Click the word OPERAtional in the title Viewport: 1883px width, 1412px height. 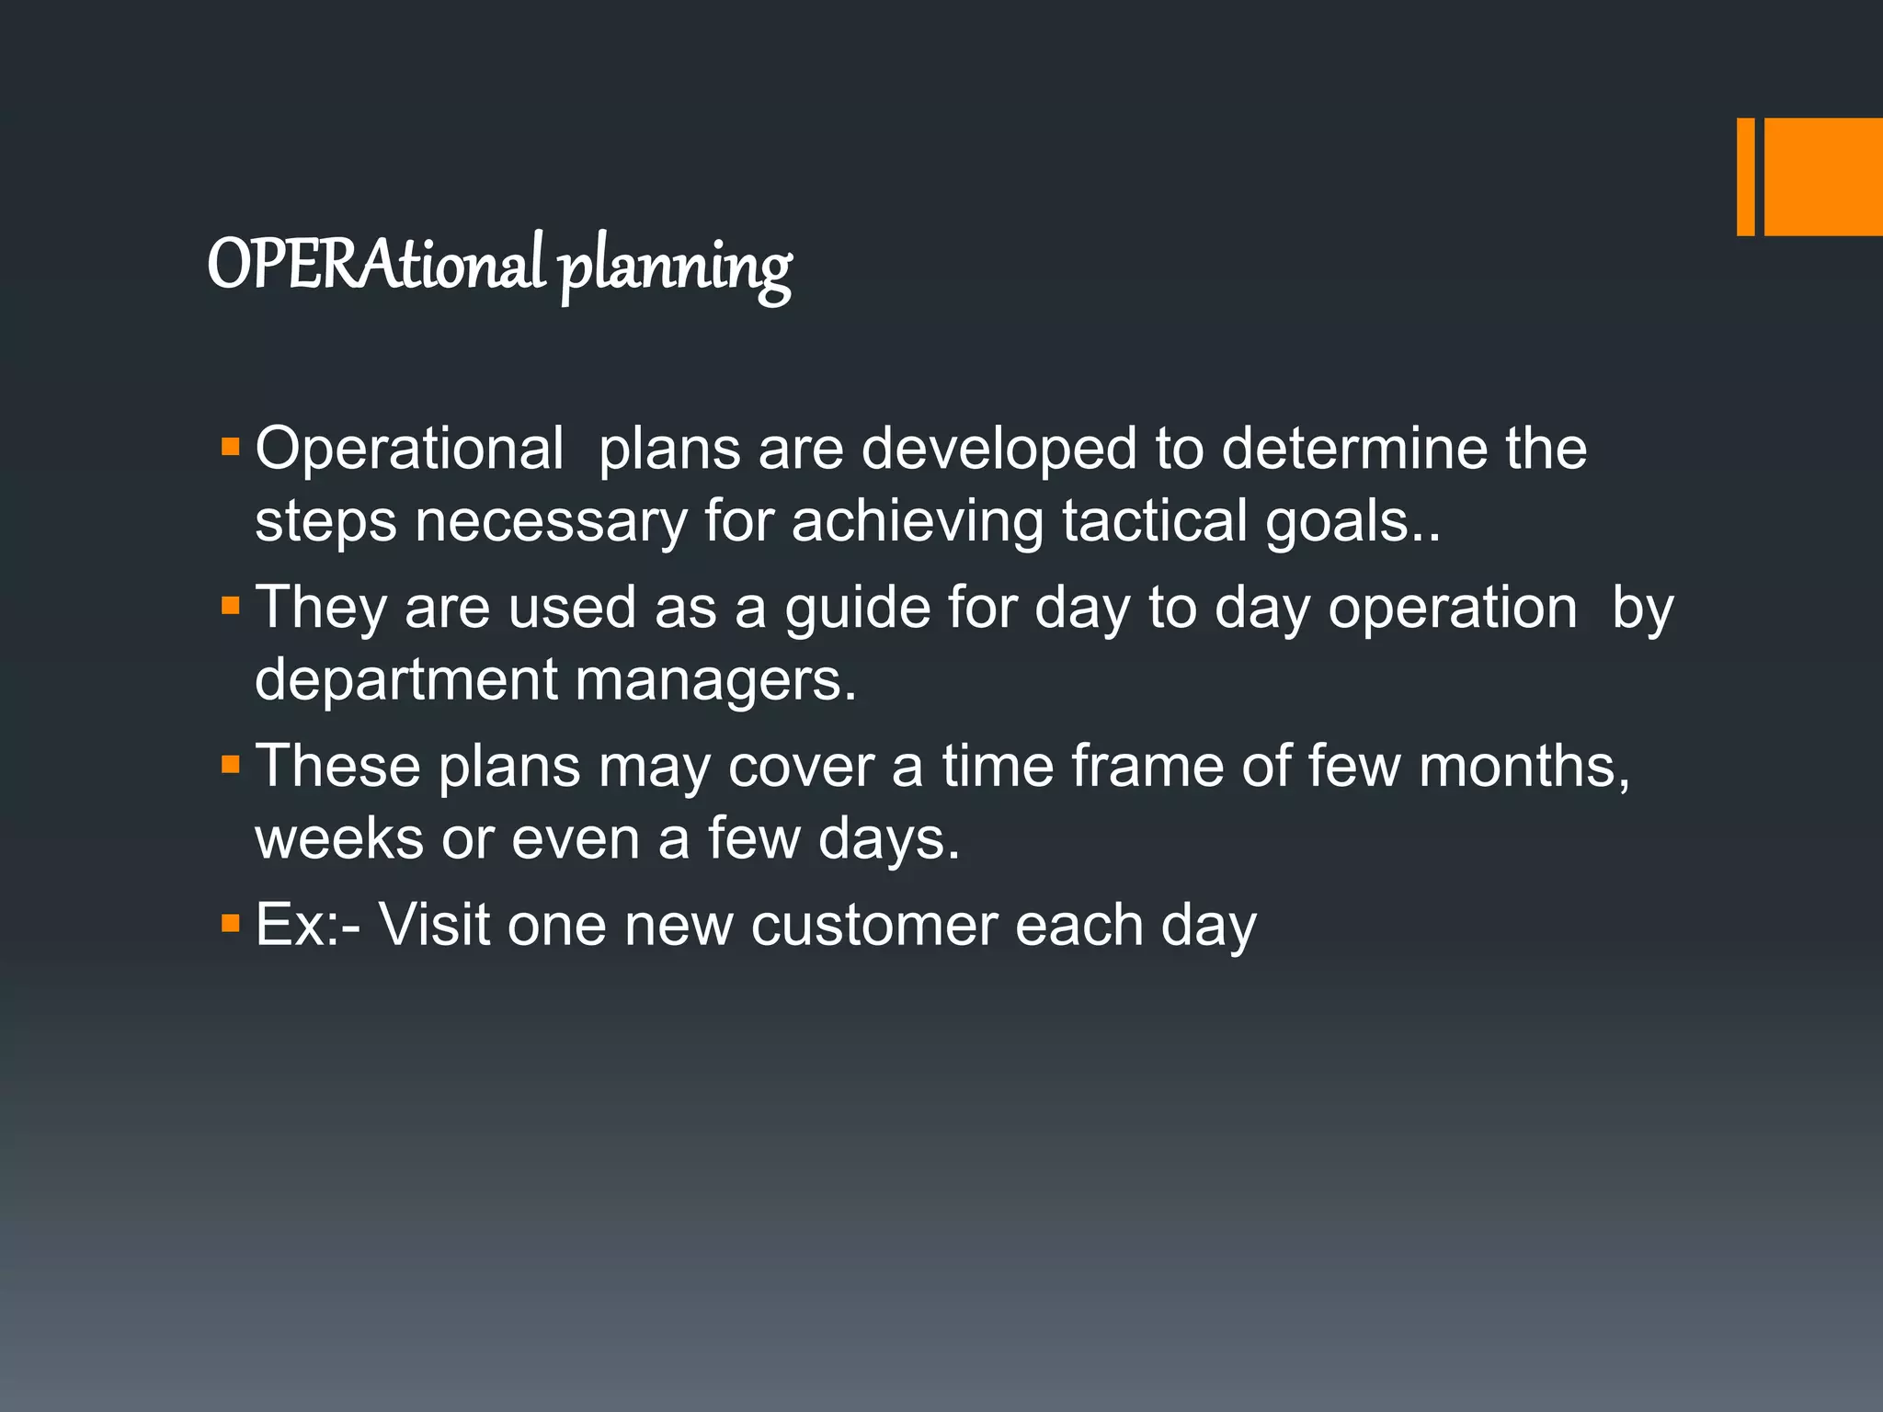tap(377, 265)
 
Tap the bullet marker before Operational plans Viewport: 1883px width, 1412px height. tap(230, 448)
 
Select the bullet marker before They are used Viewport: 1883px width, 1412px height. tap(230, 607)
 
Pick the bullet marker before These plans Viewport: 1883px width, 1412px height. tap(230, 765)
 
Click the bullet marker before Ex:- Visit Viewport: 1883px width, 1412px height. tap(230, 923)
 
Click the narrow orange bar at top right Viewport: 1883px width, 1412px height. tap(1745, 176)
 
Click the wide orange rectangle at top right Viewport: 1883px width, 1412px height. tap(1823, 176)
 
